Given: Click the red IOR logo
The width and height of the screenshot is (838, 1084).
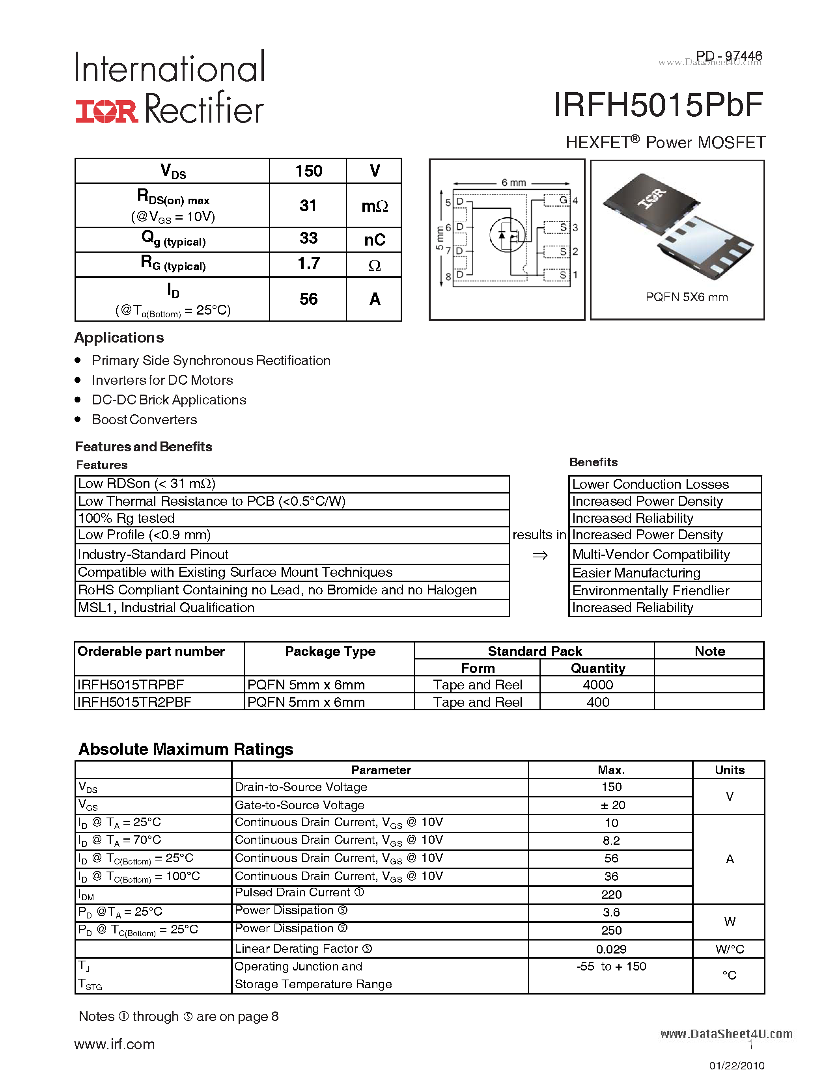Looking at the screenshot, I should pos(106,111).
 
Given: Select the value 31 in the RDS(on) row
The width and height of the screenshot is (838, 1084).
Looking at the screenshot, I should pos(308,205).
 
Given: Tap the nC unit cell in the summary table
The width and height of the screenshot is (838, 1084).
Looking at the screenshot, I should pos(374,240).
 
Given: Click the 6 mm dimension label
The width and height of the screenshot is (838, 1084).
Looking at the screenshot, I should pos(513,183).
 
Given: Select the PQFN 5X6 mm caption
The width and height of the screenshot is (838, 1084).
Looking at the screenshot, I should pos(687,297).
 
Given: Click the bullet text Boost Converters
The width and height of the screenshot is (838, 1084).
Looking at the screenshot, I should pos(144,419).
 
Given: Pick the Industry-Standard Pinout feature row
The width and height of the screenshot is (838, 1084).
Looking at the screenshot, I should pos(153,554).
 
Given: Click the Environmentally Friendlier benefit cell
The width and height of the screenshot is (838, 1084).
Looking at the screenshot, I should pos(650,590).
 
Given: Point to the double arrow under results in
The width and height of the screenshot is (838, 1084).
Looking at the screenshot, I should pos(539,555).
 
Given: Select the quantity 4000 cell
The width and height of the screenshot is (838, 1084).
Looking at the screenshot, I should pos(598,685).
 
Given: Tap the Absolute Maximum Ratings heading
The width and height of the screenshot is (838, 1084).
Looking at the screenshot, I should pos(186,749).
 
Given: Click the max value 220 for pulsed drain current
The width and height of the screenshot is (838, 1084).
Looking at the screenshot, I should pos(611,894).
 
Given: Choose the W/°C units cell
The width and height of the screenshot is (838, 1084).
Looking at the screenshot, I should pos(729,949).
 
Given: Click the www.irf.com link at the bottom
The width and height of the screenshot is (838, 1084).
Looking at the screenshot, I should pos(115,1044).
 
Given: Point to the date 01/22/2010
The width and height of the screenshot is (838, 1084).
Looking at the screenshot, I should pos(736,1065).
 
